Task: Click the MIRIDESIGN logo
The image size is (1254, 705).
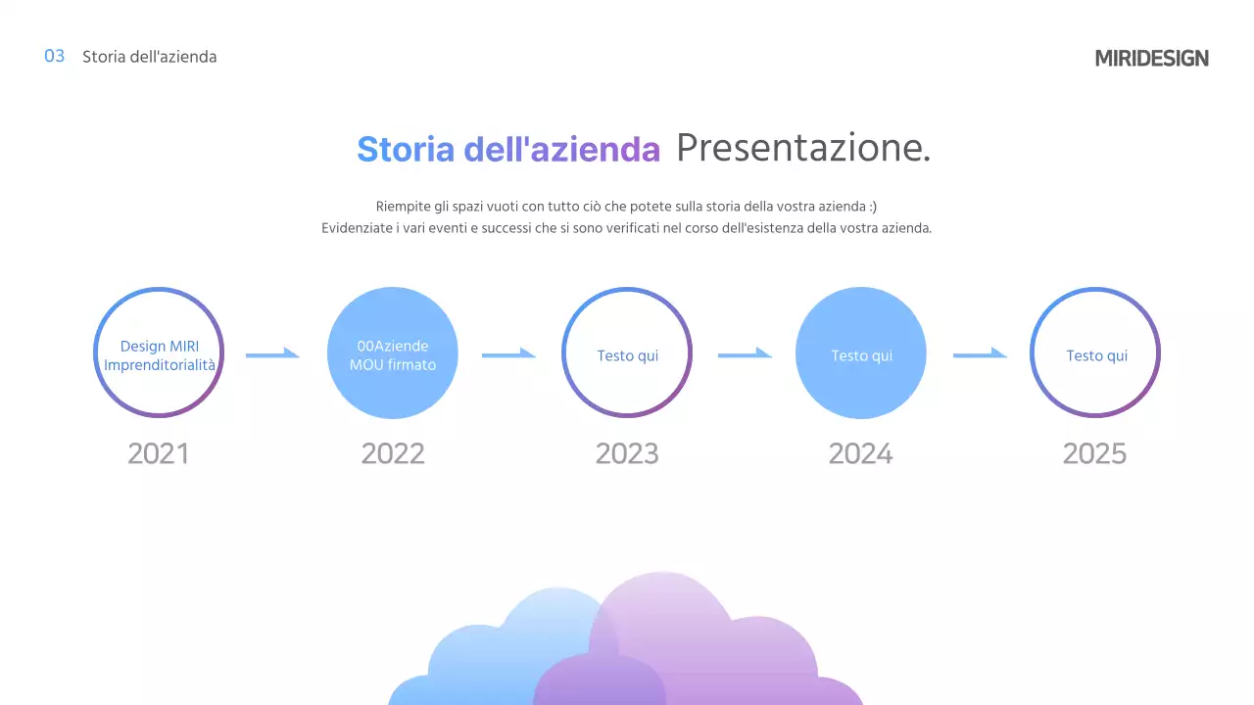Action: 1151,58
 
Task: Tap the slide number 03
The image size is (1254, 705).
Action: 55,56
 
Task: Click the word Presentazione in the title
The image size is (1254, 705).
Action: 802,148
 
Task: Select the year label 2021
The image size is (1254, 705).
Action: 158,453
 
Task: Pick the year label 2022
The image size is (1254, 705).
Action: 393,453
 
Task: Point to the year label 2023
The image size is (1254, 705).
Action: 627,453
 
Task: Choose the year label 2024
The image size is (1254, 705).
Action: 861,453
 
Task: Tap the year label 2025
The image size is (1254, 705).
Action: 1094,453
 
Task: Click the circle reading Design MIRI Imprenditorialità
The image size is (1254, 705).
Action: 159,353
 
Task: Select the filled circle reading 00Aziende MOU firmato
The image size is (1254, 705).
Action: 393,353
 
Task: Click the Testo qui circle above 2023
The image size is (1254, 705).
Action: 627,353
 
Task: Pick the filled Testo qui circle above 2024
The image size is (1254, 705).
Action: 861,353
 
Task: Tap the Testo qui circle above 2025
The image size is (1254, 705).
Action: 1095,353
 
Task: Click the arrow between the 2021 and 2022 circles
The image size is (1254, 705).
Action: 272,353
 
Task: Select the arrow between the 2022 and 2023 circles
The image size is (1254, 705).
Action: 508,353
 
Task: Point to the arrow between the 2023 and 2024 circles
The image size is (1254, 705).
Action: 745,353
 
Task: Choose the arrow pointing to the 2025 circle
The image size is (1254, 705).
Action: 980,353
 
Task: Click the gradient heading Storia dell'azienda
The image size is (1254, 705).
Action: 508,149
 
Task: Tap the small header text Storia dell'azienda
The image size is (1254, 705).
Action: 149,57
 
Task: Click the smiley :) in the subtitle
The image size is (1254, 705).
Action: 872,206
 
